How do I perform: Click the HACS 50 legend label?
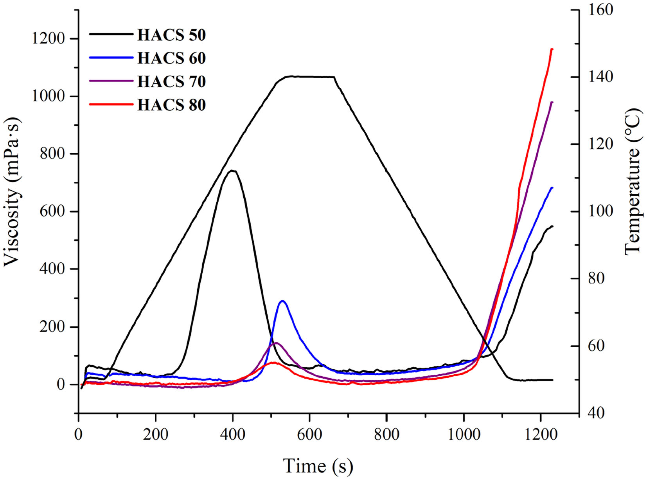tap(171, 35)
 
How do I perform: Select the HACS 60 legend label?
tap(171, 58)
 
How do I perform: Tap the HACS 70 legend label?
tap(171, 82)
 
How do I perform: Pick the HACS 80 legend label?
tap(171, 105)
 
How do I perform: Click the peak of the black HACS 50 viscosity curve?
tap(233, 171)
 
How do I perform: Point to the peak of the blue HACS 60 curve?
tap(282, 301)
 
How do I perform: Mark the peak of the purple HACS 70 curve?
tap(276, 343)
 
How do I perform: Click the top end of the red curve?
tap(552, 49)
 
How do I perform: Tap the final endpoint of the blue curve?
tap(552, 188)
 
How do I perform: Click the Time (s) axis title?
tap(318, 466)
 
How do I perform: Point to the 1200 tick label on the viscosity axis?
tap(48, 39)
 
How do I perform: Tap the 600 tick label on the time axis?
tap(309, 435)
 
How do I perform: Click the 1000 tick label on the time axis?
tap(463, 435)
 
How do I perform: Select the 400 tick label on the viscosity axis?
tap(52, 269)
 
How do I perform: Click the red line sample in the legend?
tap(111, 105)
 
